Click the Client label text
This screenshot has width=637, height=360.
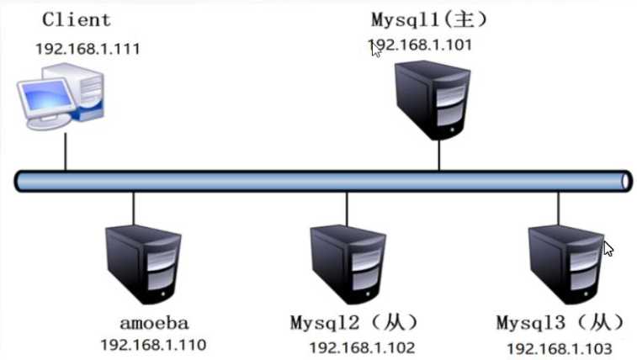pyautogui.click(x=76, y=19)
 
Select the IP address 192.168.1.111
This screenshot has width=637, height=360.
pyautogui.click(x=88, y=48)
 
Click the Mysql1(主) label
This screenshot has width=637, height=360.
pyautogui.click(x=429, y=18)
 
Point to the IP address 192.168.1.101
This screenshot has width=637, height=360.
pyautogui.click(x=420, y=44)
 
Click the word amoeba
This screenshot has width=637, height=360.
pyautogui.click(x=154, y=322)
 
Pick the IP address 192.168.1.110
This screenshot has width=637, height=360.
pyautogui.click(x=152, y=344)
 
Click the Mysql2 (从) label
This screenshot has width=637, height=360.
pyautogui.click(x=353, y=322)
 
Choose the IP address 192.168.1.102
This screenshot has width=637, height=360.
pyautogui.click(x=362, y=347)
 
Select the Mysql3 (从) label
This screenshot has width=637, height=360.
pyautogui.click(x=560, y=322)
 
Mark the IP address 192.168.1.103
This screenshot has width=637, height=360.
pyautogui.click(x=559, y=347)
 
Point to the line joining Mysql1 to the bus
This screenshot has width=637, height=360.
pyautogui.click(x=438, y=155)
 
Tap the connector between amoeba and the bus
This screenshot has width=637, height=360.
pyautogui.click(x=133, y=207)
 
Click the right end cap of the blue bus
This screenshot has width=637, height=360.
pyautogui.click(x=625, y=180)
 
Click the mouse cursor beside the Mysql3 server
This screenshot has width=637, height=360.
pyautogui.click(x=608, y=249)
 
